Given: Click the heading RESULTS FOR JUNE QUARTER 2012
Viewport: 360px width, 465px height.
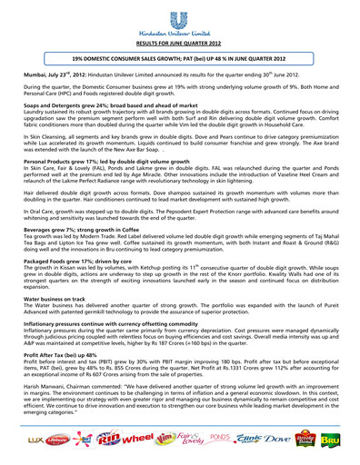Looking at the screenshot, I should pos(179,43).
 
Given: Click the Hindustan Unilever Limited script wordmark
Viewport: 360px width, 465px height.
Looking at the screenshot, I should pos(180,31).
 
